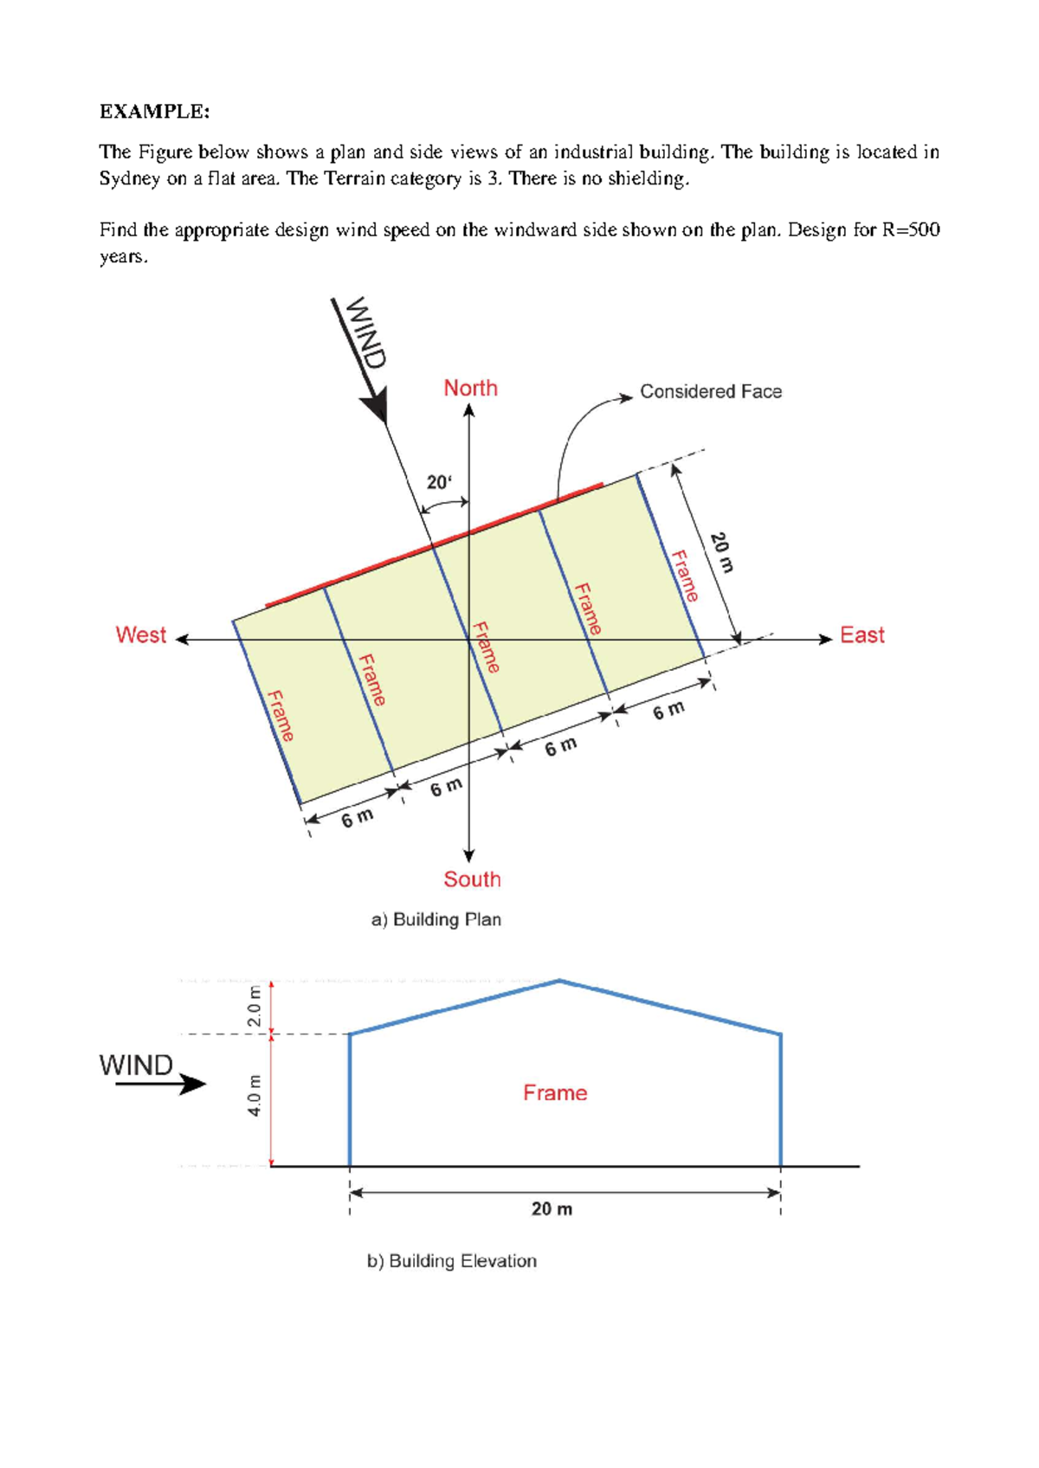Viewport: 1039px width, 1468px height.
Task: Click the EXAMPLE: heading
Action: (x=154, y=112)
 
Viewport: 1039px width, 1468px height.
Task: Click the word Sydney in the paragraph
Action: (x=128, y=179)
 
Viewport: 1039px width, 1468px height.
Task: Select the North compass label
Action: (x=470, y=388)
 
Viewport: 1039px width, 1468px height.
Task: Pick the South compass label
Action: (x=472, y=879)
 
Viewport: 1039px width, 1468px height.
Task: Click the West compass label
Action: (x=140, y=635)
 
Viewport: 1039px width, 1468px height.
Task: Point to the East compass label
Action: (x=862, y=635)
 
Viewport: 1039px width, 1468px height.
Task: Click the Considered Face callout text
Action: (x=710, y=392)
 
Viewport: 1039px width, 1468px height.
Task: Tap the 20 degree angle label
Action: (x=439, y=482)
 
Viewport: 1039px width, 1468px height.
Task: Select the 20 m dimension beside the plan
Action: (x=721, y=552)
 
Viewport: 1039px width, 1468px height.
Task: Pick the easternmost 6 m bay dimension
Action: (x=668, y=711)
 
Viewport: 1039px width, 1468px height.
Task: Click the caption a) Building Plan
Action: (x=436, y=919)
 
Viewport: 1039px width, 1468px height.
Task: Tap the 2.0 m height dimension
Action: (x=254, y=1006)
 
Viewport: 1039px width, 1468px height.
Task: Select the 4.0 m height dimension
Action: (x=254, y=1095)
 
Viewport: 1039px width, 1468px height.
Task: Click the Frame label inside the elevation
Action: (x=555, y=1093)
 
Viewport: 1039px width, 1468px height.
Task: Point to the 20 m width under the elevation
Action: (x=552, y=1209)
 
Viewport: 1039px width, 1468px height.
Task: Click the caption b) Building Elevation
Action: (x=451, y=1261)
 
